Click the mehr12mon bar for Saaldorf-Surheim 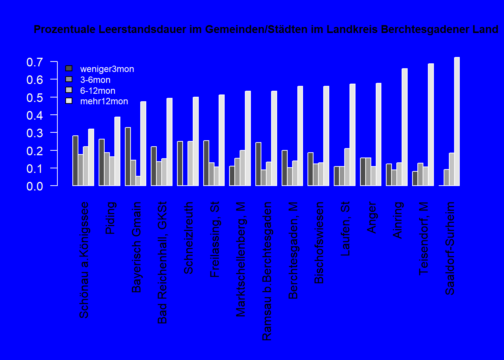pos(457,121)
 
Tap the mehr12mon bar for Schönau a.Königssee pos(91,157)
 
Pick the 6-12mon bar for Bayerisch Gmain pos(138,181)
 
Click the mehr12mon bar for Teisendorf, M pos(431,124)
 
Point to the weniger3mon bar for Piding pos(102,162)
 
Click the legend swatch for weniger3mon pos(69,68)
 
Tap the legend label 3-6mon pos(95,80)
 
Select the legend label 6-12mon pos(97,91)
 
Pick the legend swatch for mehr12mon pos(69,101)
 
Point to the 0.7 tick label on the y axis pos(34,62)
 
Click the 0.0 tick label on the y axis pos(34,186)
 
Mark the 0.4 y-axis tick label pos(34,115)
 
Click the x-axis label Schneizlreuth pos(188,238)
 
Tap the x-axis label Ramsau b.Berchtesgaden pos(267,271)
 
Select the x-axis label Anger pos(371,217)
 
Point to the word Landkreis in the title pos(352,29)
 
